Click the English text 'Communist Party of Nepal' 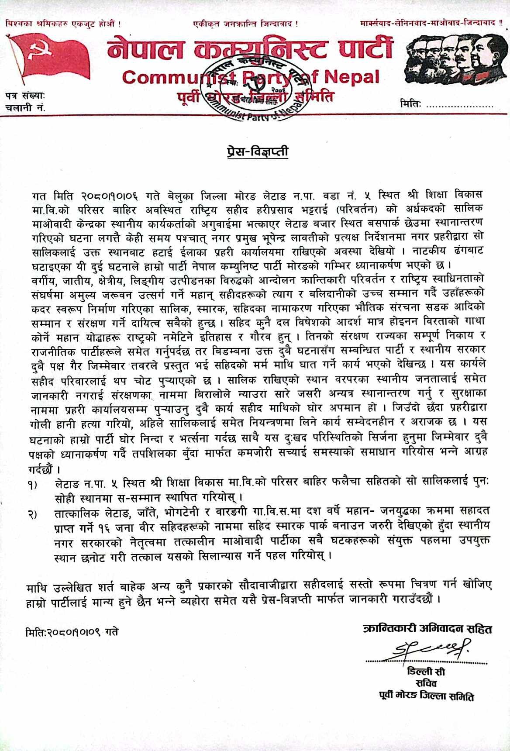point(251,77)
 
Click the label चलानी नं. point(25,107)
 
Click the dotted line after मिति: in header point(459,105)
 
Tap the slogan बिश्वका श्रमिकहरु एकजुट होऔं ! point(62,23)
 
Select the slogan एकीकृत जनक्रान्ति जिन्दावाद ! point(246,23)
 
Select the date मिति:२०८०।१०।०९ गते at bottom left point(72,632)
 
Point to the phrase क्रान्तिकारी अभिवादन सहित point(427,629)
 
